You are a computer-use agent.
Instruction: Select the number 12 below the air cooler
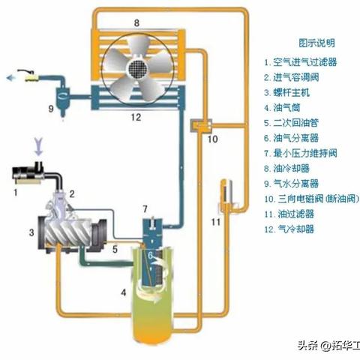136,116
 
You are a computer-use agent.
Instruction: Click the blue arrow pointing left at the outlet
12,76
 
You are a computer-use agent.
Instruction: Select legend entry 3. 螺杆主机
292,91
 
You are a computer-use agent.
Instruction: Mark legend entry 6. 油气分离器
298,138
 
